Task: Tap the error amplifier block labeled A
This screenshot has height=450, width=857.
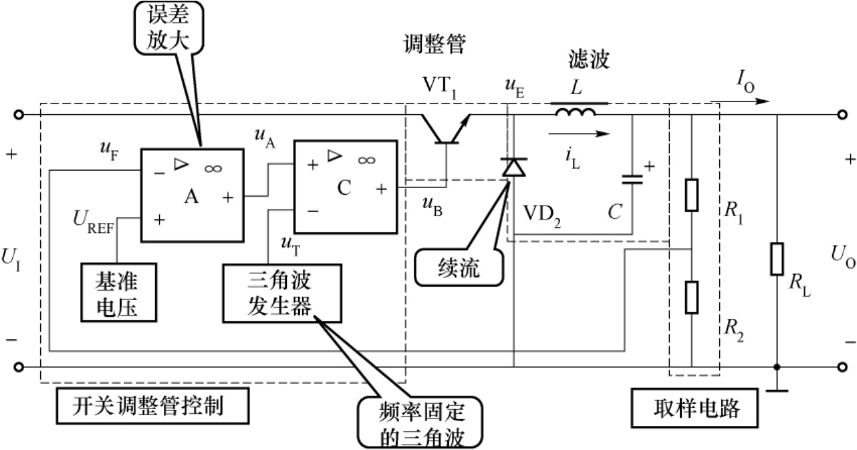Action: coord(191,195)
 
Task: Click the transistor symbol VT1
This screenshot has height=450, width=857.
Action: coord(445,129)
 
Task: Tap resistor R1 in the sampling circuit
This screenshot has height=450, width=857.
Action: coord(692,195)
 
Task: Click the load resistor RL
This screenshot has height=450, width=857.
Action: coord(777,258)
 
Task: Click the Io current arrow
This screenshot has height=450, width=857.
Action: coord(739,102)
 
